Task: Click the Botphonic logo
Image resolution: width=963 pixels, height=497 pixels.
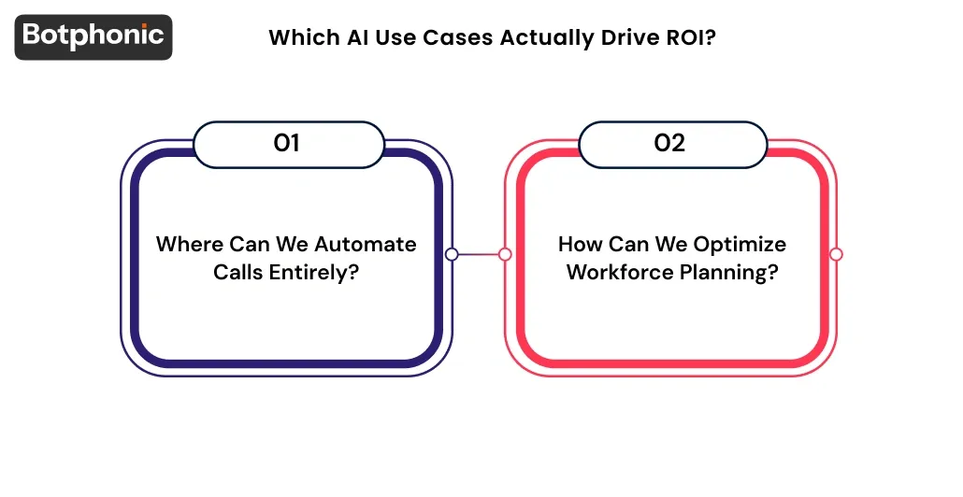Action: pyautogui.click(x=93, y=36)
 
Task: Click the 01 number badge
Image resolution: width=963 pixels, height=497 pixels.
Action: pyautogui.click(x=287, y=144)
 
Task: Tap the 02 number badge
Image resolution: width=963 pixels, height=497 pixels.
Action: pyautogui.click(x=670, y=144)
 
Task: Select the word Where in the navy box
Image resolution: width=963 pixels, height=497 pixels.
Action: pyautogui.click(x=189, y=245)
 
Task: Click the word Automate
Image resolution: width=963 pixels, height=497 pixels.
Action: pyautogui.click(x=366, y=245)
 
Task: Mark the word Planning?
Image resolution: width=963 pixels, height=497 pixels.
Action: pyautogui.click(x=731, y=272)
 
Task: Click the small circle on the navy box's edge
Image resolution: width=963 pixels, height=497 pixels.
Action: pyautogui.click(x=452, y=254)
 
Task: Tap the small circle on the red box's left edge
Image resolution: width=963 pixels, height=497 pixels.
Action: pyautogui.click(x=505, y=254)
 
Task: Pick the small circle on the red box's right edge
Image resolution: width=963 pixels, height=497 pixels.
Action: pyautogui.click(x=836, y=254)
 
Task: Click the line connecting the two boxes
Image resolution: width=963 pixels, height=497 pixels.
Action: pyautogui.click(x=478, y=254)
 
